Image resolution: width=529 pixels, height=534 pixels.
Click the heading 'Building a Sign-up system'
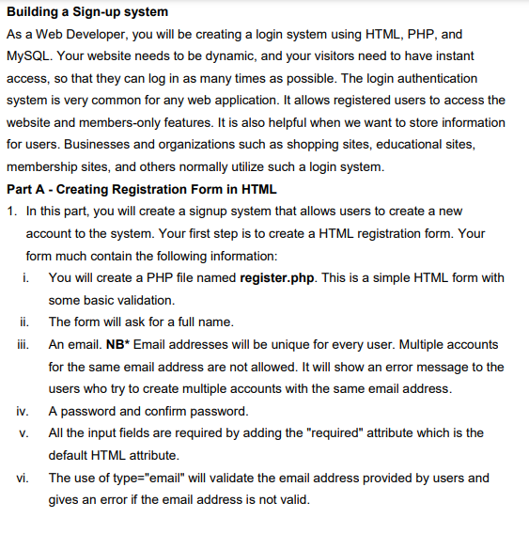pyautogui.click(x=87, y=12)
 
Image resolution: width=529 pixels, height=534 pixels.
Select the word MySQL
pyautogui.click(x=30, y=56)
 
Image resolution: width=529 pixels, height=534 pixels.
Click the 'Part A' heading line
pyautogui.click(x=141, y=189)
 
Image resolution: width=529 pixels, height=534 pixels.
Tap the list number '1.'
pyautogui.click(x=12, y=212)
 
